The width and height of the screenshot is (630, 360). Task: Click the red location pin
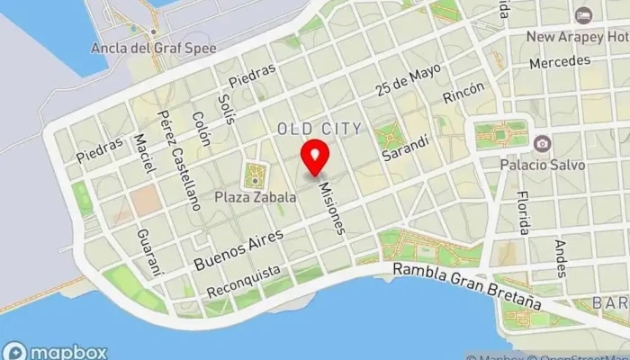click(315, 157)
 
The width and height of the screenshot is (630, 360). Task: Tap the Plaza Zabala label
click(255, 195)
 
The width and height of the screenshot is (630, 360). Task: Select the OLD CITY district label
click(319, 129)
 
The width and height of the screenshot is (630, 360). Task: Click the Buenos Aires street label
click(238, 249)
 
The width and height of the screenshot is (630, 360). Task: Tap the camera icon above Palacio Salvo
click(542, 143)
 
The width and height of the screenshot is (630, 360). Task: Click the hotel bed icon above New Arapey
click(584, 15)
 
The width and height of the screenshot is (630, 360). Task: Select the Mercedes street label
click(559, 63)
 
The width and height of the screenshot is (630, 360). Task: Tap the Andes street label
click(562, 257)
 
